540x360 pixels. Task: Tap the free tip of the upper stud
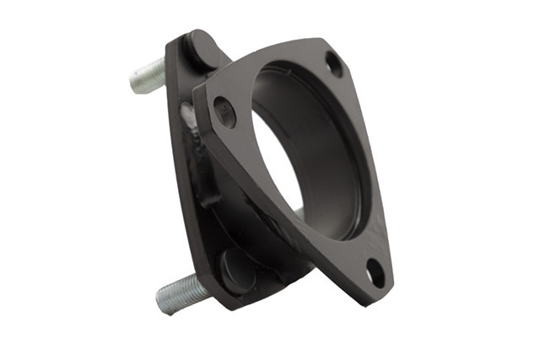click(x=134, y=82)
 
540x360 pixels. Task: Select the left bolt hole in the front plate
click(x=224, y=110)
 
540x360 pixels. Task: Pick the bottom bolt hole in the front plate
click(x=375, y=271)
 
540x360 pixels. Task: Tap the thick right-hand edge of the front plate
click(x=380, y=169)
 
